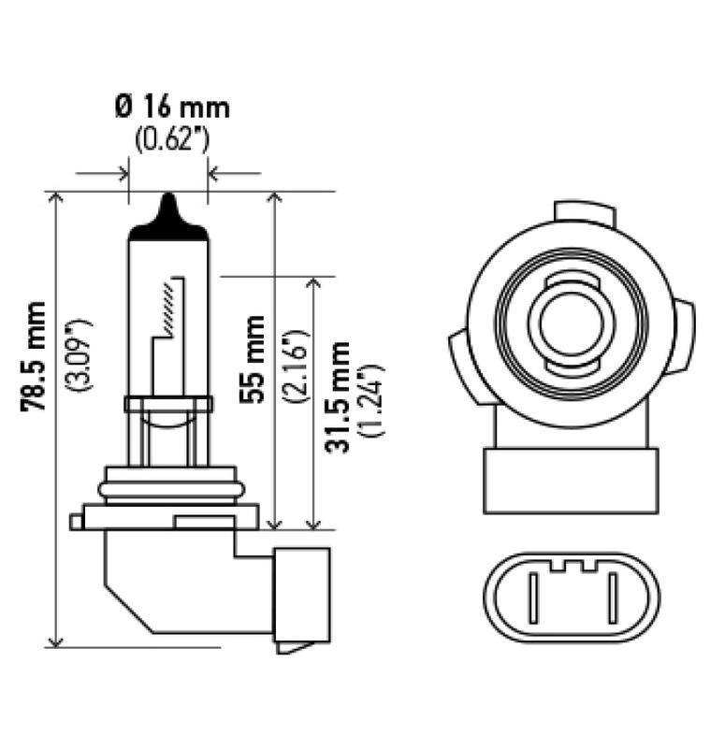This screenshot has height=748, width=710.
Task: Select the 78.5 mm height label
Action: click(x=36, y=356)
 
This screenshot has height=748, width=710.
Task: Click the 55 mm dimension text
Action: click(x=252, y=358)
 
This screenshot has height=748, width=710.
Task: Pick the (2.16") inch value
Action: click(x=291, y=365)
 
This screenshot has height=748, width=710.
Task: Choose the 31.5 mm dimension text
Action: click(x=338, y=397)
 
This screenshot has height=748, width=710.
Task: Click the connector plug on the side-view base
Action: click(x=301, y=598)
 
